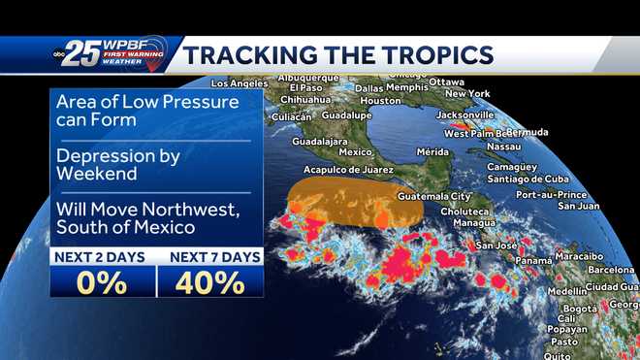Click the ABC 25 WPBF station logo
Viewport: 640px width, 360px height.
107,55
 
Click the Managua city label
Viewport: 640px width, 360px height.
473,222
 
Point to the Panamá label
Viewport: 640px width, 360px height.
533,260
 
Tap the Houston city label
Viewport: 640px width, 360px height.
380,101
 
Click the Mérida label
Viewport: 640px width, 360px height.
432,151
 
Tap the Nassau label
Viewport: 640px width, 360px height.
504,147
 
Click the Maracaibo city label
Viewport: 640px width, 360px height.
581,256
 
